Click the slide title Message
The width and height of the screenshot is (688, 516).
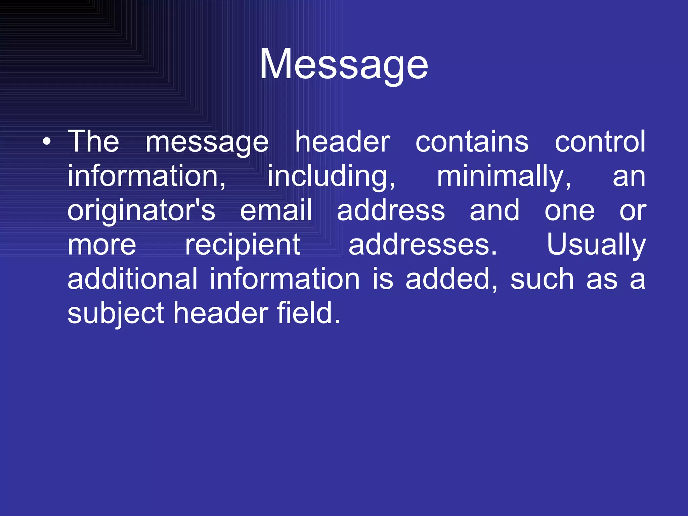tap(344, 64)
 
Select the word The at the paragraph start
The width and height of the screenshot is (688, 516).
tap(93, 142)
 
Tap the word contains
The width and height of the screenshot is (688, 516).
tap(472, 142)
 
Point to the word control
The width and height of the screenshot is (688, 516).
tap(600, 142)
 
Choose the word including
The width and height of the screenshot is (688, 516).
tap(331, 177)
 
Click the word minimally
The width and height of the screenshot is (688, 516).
tap(504, 177)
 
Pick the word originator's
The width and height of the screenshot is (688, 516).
tap(141, 211)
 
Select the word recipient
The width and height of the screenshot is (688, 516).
tap(243, 245)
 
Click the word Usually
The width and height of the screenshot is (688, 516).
tap(596, 245)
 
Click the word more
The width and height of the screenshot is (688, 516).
tap(102, 245)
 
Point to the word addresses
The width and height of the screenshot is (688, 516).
tap(423, 245)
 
